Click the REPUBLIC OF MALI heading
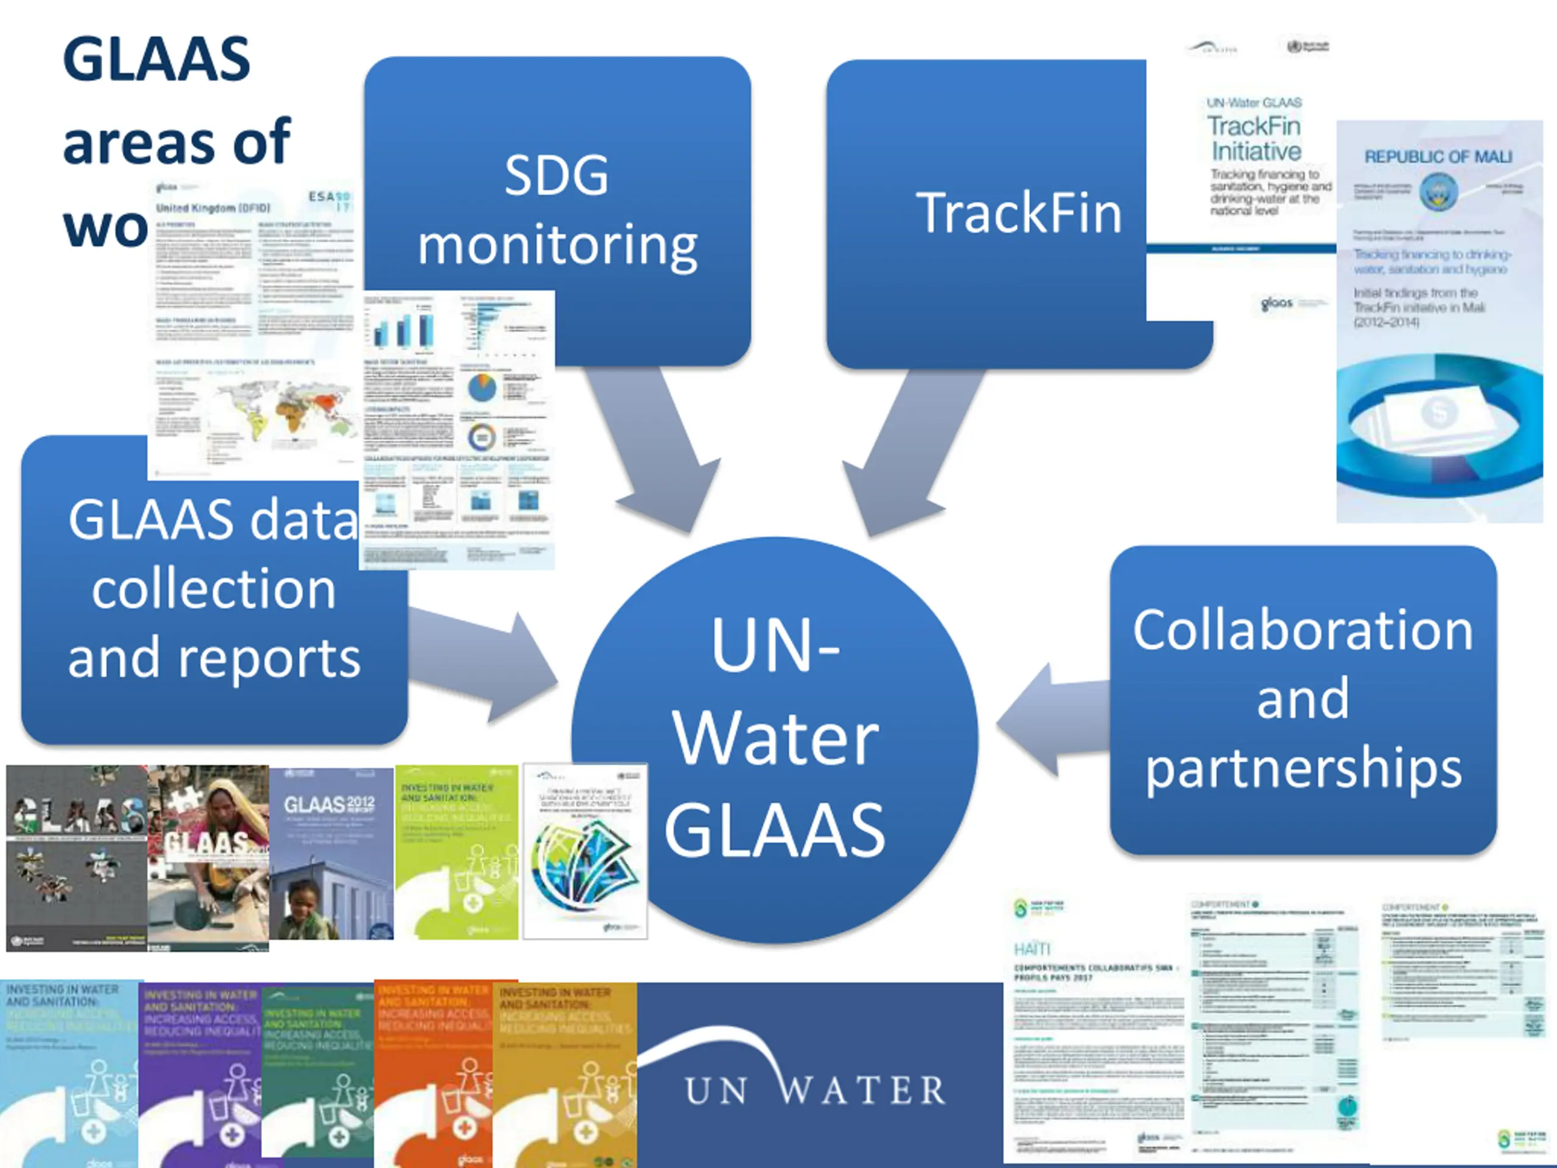[x=1437, y=156]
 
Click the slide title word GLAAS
[x=156, y=59]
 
